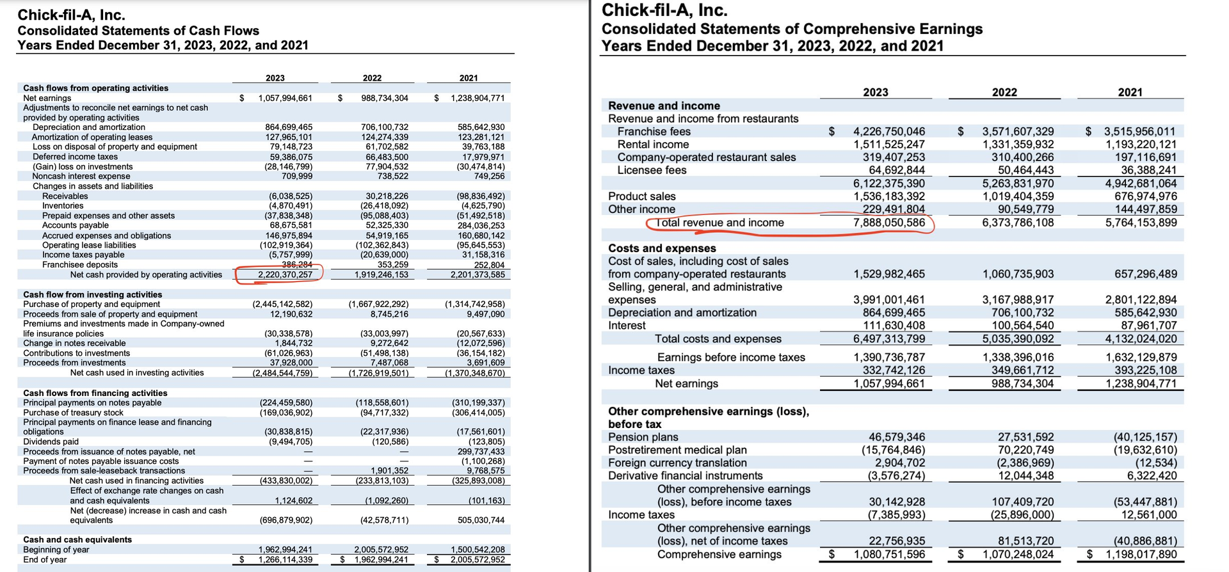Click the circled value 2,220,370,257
[x=285, y=274]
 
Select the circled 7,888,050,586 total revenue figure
[x=889, y=223]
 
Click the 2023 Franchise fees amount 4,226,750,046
[x=889, y=132]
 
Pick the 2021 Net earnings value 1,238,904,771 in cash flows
[x=478, y=99]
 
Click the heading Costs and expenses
[x=662, y=248]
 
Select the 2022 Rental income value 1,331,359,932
[x=1018, y=145]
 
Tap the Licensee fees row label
[x=652, y=170]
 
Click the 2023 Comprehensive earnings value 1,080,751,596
[x=889, y=554]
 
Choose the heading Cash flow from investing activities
[x=93, y=294]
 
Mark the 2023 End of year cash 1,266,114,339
[x=285, y=560]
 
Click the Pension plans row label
[x=643, y=437]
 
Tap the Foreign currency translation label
[x=677, y=463]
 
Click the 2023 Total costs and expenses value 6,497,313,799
[x=889, y=338]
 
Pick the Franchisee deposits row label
[x=80, y=265]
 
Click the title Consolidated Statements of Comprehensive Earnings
[x=792, y=29]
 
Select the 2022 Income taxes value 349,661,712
[x=1018, y=370]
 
